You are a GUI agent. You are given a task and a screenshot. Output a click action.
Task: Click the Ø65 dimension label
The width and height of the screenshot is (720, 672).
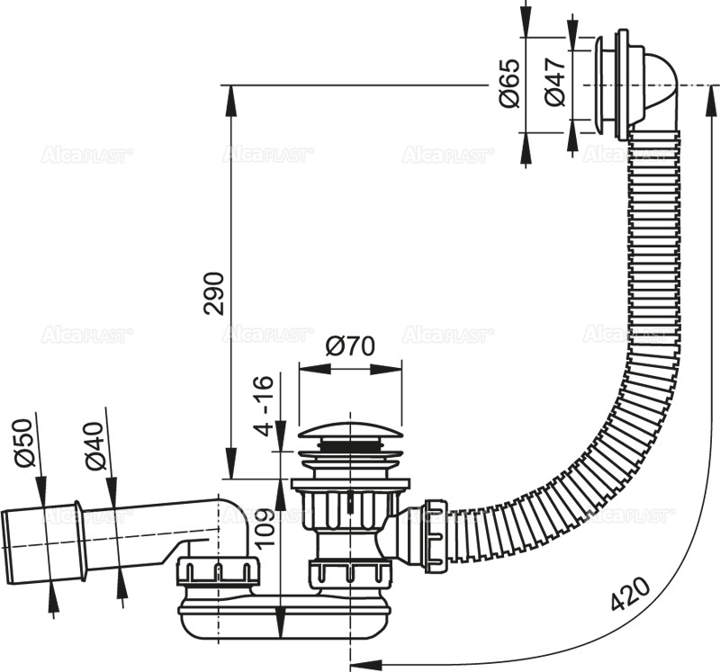coord(509,83)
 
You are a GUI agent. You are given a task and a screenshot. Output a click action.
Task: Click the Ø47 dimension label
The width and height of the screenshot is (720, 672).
coord(555,83)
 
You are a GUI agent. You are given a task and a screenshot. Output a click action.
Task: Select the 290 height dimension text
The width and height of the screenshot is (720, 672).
coord(213,292)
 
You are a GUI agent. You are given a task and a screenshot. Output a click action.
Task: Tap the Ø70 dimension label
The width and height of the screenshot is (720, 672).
coord(349,346)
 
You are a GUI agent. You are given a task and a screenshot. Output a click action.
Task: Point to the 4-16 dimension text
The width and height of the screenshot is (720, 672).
coord(262,407)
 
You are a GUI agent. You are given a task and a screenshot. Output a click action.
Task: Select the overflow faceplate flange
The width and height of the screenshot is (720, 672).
coord(620,85)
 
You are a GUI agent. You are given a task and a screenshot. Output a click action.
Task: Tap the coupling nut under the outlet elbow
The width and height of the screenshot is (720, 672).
coord(219,571)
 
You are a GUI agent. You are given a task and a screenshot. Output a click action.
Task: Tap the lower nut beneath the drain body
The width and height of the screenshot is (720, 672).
coord(350,572)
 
